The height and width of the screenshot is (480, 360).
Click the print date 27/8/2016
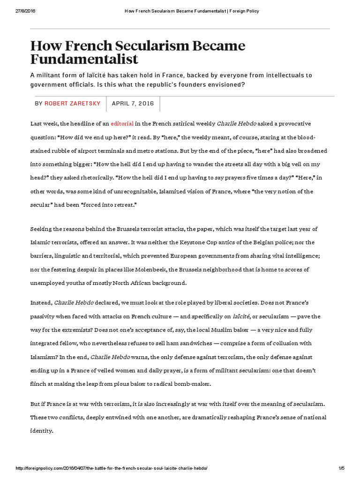[17, 11]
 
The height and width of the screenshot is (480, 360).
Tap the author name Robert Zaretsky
[73, 104]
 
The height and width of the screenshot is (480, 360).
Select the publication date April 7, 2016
[133, 104]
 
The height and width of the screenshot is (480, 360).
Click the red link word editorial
[122, 124]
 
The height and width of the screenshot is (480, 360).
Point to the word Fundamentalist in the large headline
[84, 59]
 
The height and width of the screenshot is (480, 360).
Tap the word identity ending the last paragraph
[41, 431]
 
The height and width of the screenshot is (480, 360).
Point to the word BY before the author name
[38, 104]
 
